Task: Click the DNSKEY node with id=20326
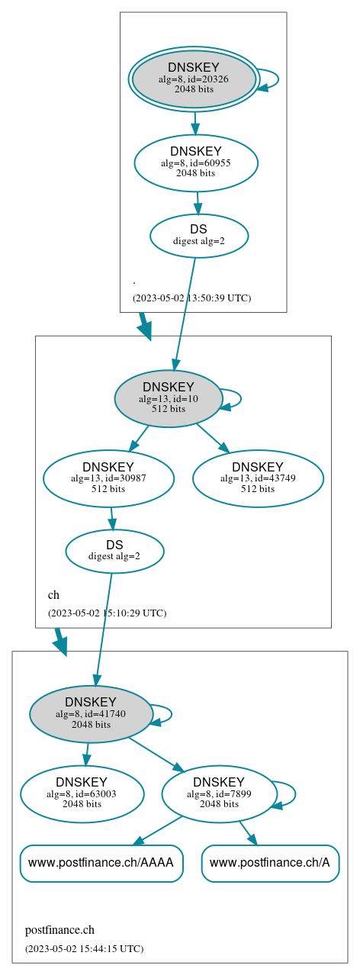tap(194, 79)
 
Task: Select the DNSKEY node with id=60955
tap(196, 162)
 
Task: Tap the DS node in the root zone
tap(199, 235)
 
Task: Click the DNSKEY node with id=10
tap(169, 398)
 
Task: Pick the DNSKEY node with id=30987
tap(108, 478)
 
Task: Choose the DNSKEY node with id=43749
tap(258, 478)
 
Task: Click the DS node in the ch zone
tap(114, 551)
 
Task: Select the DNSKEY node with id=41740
tap(91, 714)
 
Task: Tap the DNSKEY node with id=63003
tap(82, 794)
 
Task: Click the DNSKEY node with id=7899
tap(219, 794)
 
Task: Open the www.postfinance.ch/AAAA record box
tap(101, 863)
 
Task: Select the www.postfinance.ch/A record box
tap(270, 863)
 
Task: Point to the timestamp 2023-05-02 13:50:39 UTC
tap(191, 298)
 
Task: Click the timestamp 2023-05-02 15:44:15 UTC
tap(84, 948)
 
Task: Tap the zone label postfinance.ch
tap(59, 930)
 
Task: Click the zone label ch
tap(53, 594)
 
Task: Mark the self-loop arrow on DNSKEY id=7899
tap(294, 793)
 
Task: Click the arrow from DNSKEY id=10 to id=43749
tap(213, 437)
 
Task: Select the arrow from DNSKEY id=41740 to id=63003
tap(87, 754)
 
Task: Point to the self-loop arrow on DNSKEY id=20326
tap(278, 79)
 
